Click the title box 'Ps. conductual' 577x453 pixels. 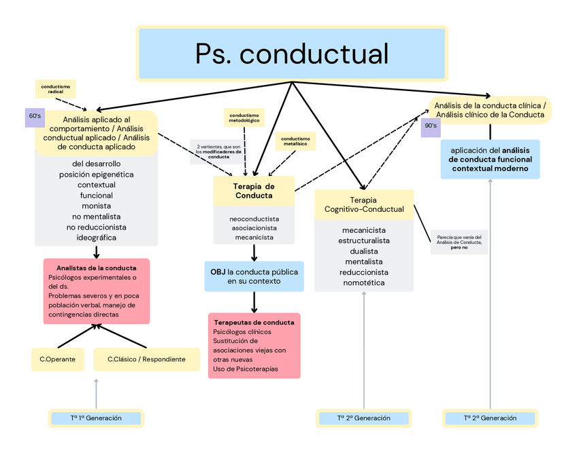pos(292,54)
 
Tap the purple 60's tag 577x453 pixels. pos(35,117)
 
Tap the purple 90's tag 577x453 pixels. pos(431,126)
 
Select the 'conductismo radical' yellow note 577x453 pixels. pos(56,88)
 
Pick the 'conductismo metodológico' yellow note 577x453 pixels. pos(244,118)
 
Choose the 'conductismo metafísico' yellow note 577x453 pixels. pos(295,141)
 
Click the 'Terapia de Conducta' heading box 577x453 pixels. pos(254,191)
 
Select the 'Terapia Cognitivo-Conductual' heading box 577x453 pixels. pos(363,204)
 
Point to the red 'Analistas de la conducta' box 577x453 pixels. pos(97,291)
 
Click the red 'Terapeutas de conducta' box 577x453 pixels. pos(254,345)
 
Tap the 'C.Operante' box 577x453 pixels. pos(57,359)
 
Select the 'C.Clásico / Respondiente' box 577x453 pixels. pos(146,359)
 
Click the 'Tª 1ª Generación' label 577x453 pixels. pos(96,418)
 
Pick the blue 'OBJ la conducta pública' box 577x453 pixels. pos(254,276)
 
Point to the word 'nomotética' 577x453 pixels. pos(363,283)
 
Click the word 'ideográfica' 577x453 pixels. pos(96,238)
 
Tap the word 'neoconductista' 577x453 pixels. pos(254,219)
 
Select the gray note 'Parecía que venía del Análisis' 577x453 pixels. pos(459,242)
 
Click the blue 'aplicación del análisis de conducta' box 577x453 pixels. pos(490,159)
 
